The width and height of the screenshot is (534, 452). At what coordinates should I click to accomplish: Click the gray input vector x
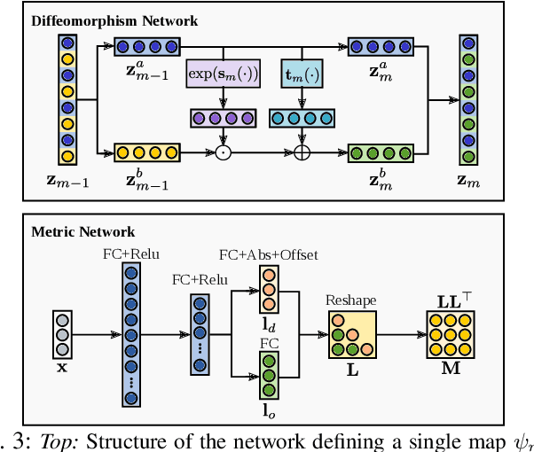pyautogui.click(x=61, y=335)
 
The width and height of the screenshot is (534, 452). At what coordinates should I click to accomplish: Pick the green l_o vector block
pyautogui.click(x=268, y=377)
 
